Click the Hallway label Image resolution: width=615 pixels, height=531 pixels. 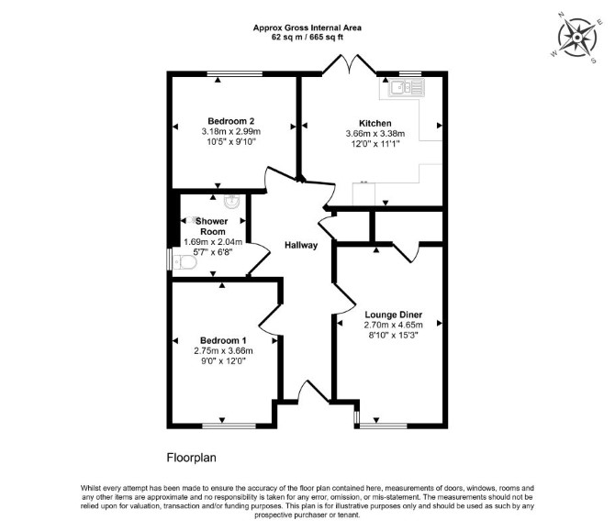click(301, 245)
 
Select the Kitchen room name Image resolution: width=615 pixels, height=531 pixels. click(375, 123)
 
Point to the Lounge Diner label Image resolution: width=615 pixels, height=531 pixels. click(394, 315)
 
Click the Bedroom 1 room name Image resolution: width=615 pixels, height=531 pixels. click(223, 340)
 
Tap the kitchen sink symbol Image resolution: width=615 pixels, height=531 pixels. click(407, 87)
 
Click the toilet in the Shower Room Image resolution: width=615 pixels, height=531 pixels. click(184, 262)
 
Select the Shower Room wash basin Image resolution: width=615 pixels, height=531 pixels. click(232, 202)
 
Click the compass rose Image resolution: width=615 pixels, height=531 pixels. click(577, 38)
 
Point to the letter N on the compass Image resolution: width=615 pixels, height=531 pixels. click(561, 16)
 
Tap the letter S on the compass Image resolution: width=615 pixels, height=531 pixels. click(593, 61)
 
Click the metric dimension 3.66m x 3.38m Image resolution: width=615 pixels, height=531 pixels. click(375, 134)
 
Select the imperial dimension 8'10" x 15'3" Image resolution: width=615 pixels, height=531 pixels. click(394, 336)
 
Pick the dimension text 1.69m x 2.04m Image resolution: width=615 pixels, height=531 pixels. click(213, 242)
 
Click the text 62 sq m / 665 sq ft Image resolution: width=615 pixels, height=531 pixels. click(307, 38)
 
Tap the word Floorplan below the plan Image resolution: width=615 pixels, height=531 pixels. click(192, 458)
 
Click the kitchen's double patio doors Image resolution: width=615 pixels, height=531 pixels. click(350, 64)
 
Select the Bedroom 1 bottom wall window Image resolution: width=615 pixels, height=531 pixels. click(229, 426)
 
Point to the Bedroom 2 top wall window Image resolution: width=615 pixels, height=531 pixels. click(235, 73)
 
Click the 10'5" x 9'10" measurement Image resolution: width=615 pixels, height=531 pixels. click(231, 142)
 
